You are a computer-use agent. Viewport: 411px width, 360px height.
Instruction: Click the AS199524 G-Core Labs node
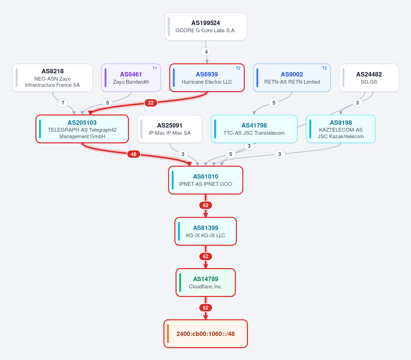pyautogui.click(x=206, y=26)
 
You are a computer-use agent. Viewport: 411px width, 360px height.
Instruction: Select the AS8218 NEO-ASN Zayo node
pyautogui.click(x=52, y=78)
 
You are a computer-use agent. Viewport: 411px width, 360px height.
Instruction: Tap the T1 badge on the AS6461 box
pyautogui.click(x=155, y=68)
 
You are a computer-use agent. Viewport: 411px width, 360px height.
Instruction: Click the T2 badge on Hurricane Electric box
pyautogui.click(x=238, y=68)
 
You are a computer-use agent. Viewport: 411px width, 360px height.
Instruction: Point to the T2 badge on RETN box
pyautogui.click(x=325, y=68)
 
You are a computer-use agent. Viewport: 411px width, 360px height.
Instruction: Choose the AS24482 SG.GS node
pyautogui.click(x=369, y=78)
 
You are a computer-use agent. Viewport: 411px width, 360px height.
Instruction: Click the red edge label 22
pyautogui.click(x=151, y=103)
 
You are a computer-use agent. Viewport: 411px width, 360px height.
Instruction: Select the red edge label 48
pyautogui.click(x=134, y=154)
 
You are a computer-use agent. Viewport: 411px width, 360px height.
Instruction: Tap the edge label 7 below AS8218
pyautogui.click(x=63, y=103)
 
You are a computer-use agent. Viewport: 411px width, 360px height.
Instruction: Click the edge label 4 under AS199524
pyautogui.click(x=206, y=52)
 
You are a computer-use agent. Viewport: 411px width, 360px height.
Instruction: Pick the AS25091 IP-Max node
pyautogui.click(x=170, y=129)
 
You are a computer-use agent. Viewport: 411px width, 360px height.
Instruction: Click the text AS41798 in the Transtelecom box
pyautogui.click(x=254, y=125)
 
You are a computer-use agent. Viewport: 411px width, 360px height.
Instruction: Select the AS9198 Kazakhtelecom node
pyautogui.click(x=341, y=129)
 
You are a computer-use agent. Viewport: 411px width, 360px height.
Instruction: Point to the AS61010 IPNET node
pyautogui.click(x=206, y=180)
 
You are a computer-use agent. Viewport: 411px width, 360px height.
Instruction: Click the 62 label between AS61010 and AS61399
pyautogui.click(x=206, y=205)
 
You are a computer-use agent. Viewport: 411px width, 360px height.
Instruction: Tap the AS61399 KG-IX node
pyautogui.click(x=206, y=231)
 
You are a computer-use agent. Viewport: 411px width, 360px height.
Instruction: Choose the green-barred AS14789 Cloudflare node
pyautogui.click(x=206, y=283)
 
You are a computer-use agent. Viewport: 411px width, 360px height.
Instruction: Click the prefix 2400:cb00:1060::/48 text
pyautogui.click(x=206, y=334)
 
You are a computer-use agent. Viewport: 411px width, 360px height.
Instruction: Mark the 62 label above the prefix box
pyautogui.click(x=206, y=308)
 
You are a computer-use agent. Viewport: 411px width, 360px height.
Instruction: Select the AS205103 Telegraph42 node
pyautogui.click(x=82, y=129)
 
